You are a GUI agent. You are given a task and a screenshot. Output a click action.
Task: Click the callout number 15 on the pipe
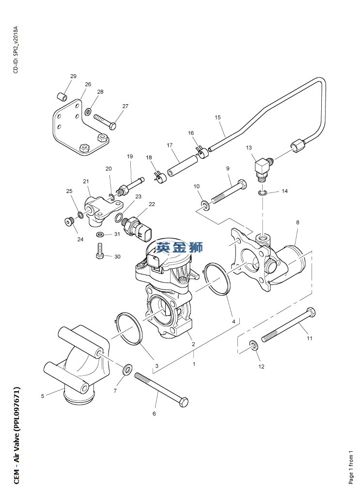click(218, 117)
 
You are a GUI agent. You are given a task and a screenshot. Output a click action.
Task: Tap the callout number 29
click(73, 77)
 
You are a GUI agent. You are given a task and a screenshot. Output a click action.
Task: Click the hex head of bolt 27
click(112, 126)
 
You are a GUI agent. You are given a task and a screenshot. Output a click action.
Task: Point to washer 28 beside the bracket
click(88, 112)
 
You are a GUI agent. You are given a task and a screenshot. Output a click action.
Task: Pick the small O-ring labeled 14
click(262, 193)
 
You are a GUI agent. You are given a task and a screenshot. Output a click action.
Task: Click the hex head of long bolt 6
click(183, 402)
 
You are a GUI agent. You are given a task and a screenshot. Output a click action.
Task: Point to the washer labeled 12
click(252, 346)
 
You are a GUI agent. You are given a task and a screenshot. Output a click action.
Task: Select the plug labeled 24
click(68, 222)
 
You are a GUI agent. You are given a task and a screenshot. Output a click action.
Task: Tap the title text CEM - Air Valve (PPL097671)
click(16, 428)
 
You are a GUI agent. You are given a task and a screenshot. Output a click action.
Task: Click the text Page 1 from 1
click(351, 467)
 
